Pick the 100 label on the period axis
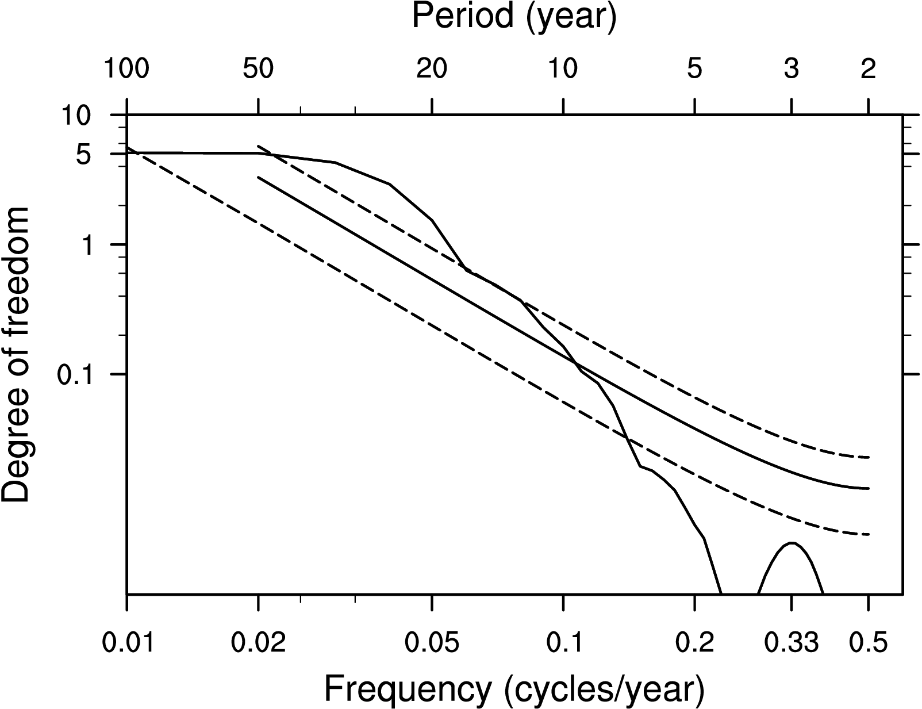126,70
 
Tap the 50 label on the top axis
258,70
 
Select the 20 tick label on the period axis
432,70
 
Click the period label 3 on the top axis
792,70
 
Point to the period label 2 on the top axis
868,70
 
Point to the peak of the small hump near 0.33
792,543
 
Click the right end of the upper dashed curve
869,458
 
